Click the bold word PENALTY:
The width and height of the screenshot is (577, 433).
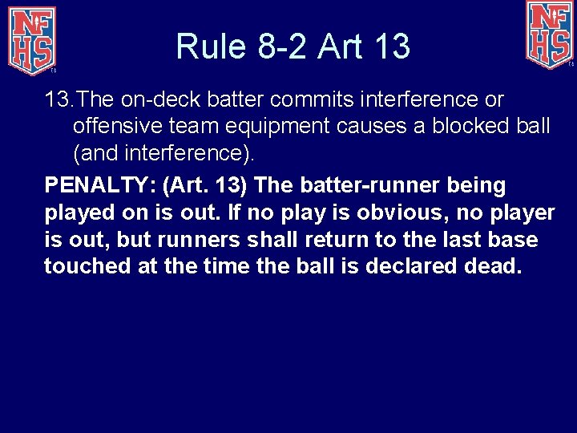pyautogui.click(x=100, y=186)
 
